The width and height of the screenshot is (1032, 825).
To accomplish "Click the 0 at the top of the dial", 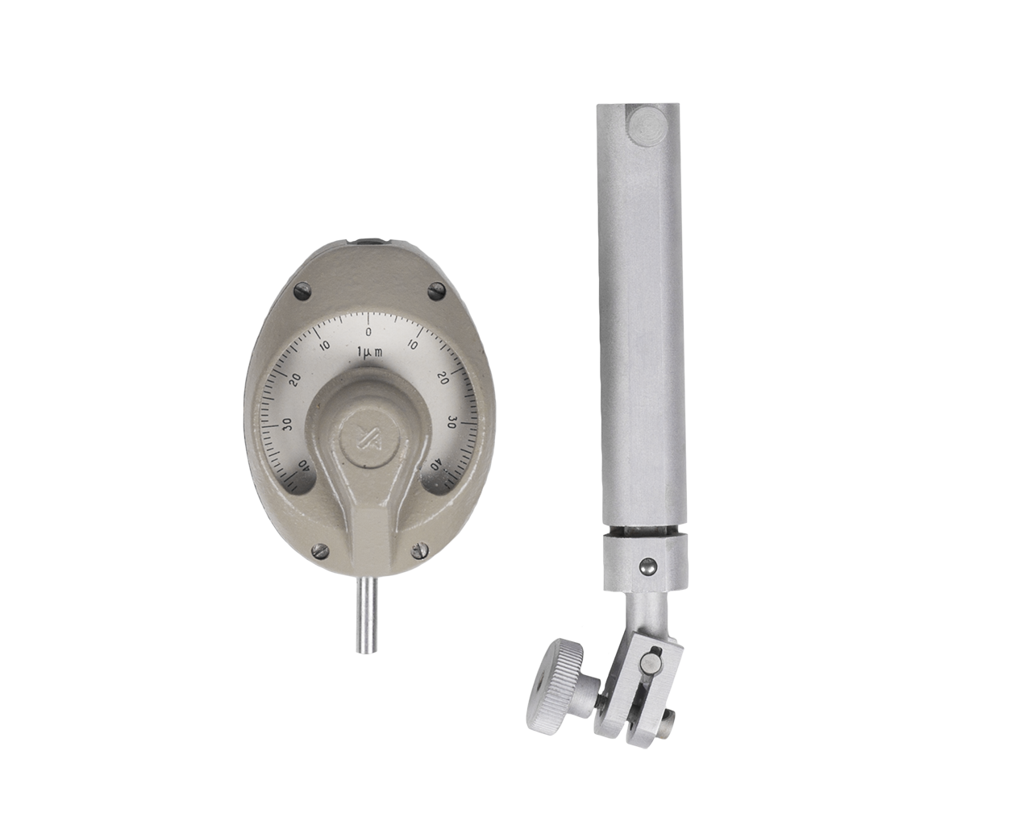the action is point(368,332).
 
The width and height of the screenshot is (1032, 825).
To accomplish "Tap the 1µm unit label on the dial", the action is point(370,352).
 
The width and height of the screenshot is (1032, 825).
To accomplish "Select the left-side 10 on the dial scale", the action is point(325,345).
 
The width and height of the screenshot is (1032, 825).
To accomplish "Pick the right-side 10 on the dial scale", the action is point(412,345).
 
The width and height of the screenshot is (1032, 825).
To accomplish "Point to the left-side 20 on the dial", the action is point(295,379).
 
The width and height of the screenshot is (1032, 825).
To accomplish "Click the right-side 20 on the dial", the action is point(443,378).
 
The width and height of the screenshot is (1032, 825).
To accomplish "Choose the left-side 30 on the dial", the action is point(287,425).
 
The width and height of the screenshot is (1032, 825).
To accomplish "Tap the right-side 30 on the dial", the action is point(451,423).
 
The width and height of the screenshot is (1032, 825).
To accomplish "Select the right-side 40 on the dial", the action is point(436,465).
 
